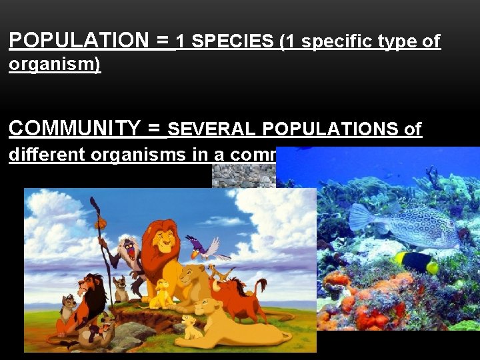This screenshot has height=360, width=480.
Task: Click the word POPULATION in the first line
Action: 79,41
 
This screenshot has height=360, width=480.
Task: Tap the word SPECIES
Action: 232,42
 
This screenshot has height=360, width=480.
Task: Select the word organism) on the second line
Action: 54,65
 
